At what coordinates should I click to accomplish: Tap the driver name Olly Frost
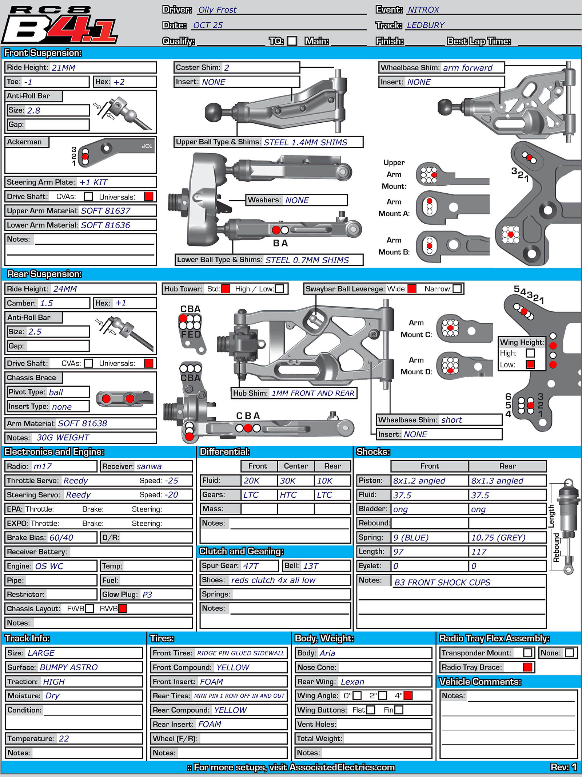217,10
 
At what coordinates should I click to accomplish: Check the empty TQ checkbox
292,41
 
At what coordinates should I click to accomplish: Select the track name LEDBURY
426,25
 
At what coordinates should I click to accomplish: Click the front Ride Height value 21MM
64,68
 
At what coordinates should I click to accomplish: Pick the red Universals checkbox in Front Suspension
148,196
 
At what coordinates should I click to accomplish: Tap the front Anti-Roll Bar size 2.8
34,110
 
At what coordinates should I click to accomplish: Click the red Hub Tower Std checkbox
226,289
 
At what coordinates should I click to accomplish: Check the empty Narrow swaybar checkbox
457,289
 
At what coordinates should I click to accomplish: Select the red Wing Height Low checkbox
530,364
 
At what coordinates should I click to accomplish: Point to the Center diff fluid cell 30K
288,481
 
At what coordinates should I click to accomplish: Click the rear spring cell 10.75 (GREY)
498,538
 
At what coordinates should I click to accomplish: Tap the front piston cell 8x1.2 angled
419,481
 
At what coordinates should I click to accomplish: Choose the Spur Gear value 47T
251,566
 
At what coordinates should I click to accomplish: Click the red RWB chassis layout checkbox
123,608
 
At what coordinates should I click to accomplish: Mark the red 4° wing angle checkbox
408,695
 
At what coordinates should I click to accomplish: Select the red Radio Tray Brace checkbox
527,667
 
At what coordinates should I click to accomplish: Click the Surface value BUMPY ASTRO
69,667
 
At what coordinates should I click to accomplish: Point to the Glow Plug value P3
147,595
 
